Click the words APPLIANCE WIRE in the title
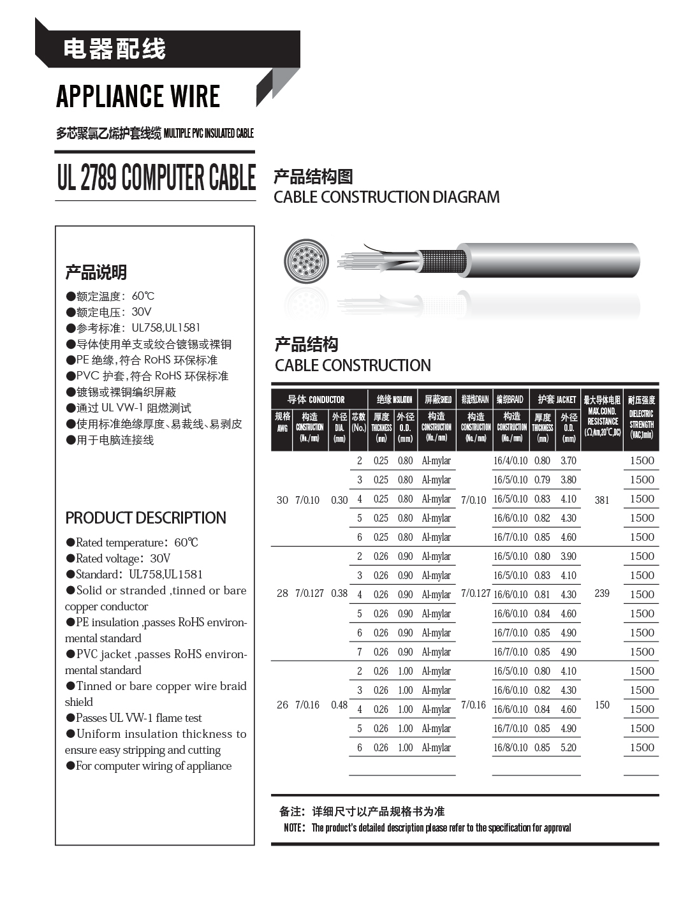click(138, 97)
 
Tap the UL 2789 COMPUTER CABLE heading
click(156, 177)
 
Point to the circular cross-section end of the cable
click(307, 261)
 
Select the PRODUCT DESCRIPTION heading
click(145, 518)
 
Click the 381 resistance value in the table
click(602, 500)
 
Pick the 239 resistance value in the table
click(602, 593)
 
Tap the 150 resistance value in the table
click(602, 705)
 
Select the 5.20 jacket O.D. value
click(568, 747)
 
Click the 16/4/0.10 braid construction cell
click(510, 460)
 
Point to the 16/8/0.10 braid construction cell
click(510, 747)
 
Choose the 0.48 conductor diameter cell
click(339, 705)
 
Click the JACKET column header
click(556, 399)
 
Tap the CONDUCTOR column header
click(316, 399)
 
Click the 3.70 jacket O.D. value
click(568, 460)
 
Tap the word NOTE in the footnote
click(293, 828)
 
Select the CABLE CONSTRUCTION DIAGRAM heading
click(386, 197)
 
